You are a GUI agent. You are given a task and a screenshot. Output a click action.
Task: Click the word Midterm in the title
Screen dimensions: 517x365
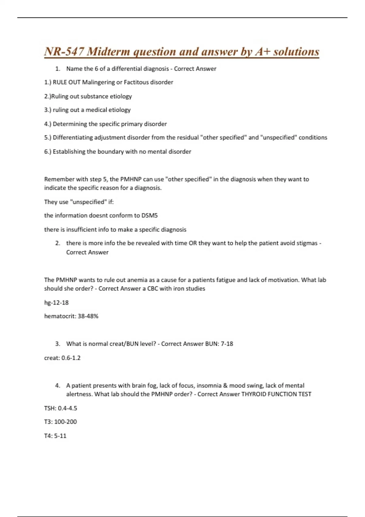(x=109, y=52)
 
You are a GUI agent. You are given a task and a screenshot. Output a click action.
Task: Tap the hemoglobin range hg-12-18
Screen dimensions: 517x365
(x=57, y=303)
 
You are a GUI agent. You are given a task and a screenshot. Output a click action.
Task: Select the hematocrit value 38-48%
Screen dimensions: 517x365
(x=88, y=316)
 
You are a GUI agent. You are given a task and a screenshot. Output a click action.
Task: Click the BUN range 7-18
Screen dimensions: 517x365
(x=227, y=344)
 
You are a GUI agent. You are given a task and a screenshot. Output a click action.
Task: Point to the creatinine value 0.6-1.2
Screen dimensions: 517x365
(x=71, y=358)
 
